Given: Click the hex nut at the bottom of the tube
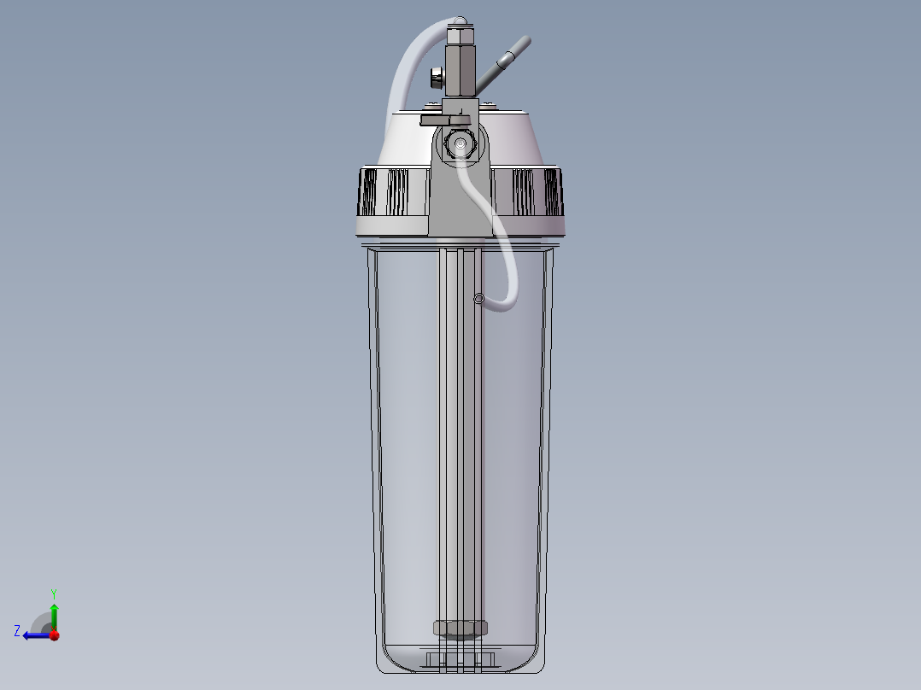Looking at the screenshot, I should pos(460,629).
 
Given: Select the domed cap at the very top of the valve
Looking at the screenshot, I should pos(460,20).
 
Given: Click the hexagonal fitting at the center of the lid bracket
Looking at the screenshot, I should pos(460,146).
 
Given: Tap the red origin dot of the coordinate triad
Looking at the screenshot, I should pos(54,635).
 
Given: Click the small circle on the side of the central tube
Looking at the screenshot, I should pos(478,298).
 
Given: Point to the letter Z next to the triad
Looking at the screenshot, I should pos(17,631).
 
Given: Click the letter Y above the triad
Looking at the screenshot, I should pos(54,593).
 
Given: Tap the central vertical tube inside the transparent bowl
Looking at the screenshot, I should pos(460,427).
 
